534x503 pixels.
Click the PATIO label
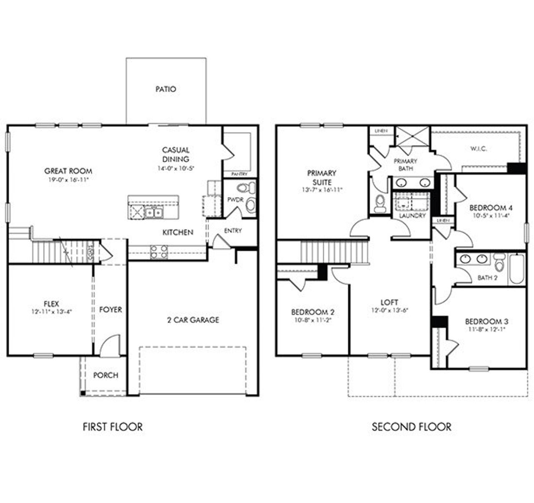point(166,89)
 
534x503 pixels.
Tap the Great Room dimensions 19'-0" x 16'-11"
point(68,180)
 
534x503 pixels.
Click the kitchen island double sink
point(154,213)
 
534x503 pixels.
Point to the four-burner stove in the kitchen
point(159,251)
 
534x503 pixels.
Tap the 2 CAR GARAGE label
point(193,320)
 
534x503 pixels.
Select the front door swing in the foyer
point(109,345)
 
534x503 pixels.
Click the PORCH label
point(106,375)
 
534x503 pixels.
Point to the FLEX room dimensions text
point(52,311)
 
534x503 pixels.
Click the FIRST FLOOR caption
point(113,427)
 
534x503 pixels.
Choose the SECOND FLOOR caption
point(411,427)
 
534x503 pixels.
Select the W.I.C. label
point(479,149)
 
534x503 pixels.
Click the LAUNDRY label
point(412,216)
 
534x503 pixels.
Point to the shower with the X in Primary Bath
point(412,136)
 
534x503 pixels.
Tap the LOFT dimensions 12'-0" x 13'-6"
point(389,310)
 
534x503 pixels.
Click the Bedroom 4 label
point(491,208)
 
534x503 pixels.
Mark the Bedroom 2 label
point(312,312)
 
